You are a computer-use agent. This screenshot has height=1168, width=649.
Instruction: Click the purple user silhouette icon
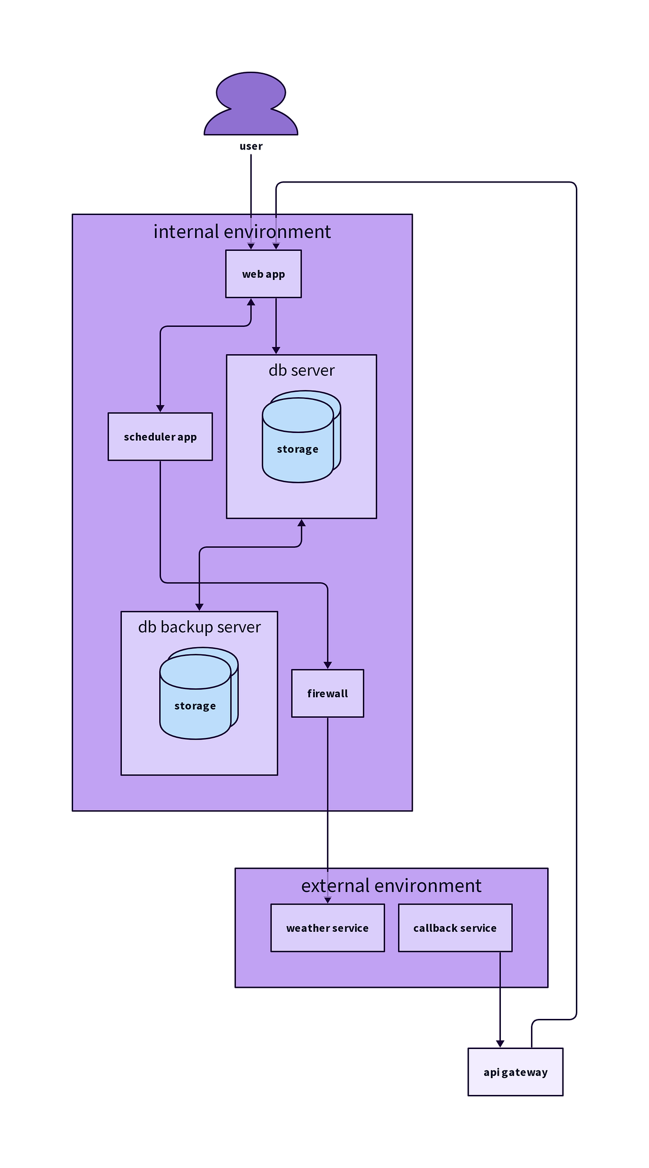point(251,105)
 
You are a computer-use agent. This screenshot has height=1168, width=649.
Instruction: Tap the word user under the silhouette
point(251,146)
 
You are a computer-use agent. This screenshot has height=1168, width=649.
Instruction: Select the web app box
point(263,274)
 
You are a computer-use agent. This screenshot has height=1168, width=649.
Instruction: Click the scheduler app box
point(160,436)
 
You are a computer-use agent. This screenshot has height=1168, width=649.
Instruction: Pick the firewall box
point(327,693)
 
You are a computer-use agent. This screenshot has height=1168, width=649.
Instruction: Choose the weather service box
point(327,928)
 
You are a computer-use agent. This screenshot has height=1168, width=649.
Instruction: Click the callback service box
point(455,928)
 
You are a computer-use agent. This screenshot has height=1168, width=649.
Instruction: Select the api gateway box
point(515,1072)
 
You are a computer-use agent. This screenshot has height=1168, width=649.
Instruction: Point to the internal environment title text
point(242,232)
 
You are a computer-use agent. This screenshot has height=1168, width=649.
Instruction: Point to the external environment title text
point(391,886)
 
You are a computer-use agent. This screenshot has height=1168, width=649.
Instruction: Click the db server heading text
point(301,370)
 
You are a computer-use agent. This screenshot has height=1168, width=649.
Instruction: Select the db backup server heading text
point(199,627)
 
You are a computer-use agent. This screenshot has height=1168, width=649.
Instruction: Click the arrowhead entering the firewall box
point(327,665)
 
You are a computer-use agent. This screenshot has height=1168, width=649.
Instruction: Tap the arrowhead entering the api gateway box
point(500,1044)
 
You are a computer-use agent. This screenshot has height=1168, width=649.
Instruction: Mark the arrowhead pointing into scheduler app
point(160,409)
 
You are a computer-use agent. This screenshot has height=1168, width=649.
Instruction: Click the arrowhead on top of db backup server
point(199,607)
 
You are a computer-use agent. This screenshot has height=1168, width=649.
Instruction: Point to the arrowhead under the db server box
point(301,523)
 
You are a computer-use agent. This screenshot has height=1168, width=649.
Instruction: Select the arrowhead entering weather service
point(327,900)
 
